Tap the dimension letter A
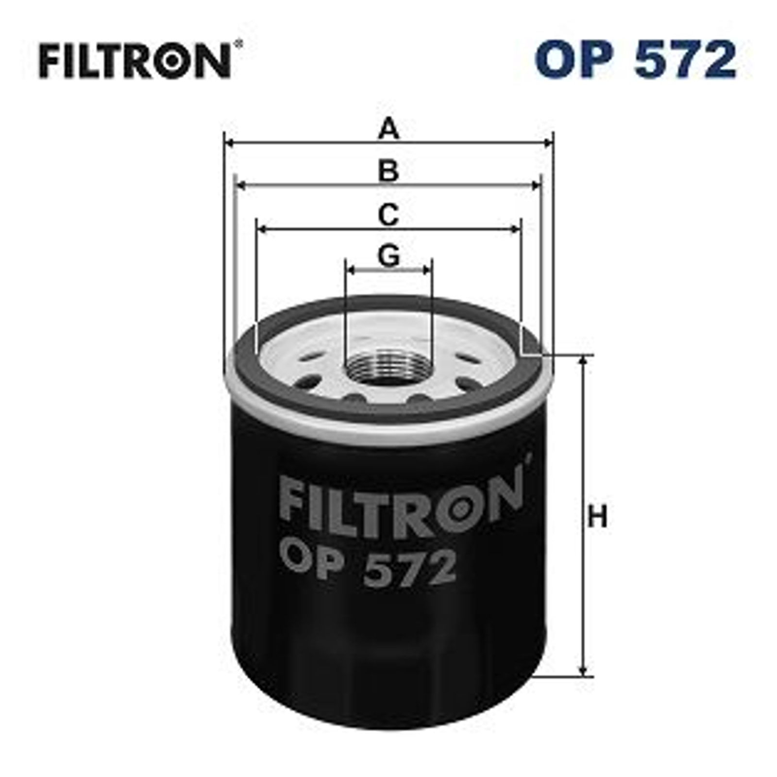point(388,130)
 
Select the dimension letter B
point(388,171)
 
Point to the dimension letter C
point(388,214)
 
